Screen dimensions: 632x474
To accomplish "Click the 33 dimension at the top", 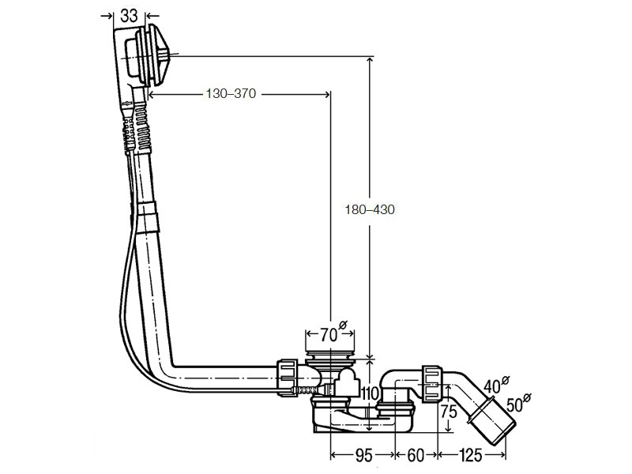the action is tap(129, 16).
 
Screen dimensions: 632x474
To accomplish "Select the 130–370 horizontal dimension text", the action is tap(231, 93).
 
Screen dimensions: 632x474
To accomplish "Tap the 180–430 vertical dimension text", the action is tap(370, 209).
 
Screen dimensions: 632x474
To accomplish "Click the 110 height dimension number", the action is tap(370, 393).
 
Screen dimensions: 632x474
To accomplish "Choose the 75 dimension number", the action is tap(448, 412).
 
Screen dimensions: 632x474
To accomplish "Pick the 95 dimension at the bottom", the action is tap(363, 456).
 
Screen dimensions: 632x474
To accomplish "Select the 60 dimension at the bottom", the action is tap(416, 456).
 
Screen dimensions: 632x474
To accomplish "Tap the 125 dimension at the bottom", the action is tap(470, 456).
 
